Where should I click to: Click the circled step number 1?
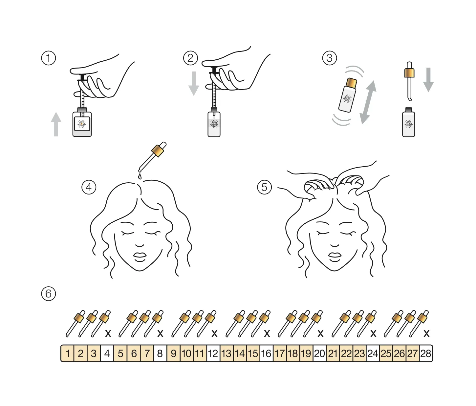click(48, 58)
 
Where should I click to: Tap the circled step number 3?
click(329, 58)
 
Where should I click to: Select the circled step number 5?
click(264, 187)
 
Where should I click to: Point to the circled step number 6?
click(48, 294)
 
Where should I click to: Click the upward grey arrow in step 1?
click(56, 124)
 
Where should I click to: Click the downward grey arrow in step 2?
click(194, 83)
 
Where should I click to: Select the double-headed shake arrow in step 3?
click(368, 102)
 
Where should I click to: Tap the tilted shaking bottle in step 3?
click(348, 95)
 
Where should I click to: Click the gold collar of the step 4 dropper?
click(158, 151)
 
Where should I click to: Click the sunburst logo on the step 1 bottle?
click(81, 124)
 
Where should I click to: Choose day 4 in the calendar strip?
click(107, 353)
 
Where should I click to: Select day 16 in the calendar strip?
click(267, 353)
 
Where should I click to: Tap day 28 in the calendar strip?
click(426, 353)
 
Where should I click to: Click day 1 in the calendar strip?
click(68, 353)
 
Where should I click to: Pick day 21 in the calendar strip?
click(333, 353)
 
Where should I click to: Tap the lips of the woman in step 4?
click(140, 257)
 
